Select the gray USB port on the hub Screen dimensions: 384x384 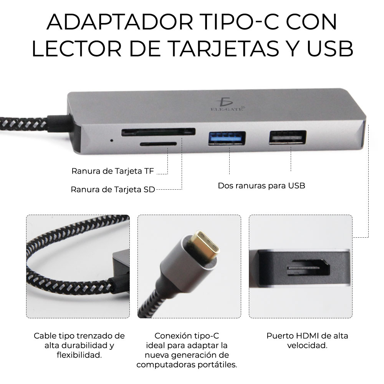click(x=288, y=137)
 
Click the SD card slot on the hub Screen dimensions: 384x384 click(x=158, y=132)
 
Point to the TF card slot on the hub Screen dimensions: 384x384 click(x=158, y=144)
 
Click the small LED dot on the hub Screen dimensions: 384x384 click(x=111, y=140)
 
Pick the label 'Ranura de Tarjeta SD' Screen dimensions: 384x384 click(x=113, y=189)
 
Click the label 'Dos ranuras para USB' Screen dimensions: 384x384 click(x=262, y=186)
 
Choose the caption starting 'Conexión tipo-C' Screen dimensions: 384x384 click(x=187, y=349)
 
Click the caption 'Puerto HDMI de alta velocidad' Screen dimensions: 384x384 click(x=307, y=340)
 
